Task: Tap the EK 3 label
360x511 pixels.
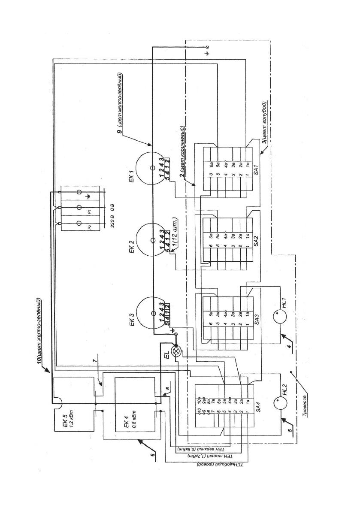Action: (x=132, y=317)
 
